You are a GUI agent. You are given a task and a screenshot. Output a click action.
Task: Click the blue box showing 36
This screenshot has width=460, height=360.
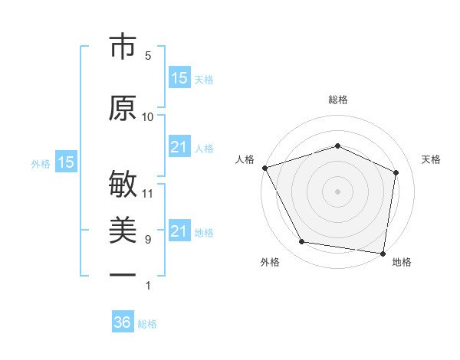123,322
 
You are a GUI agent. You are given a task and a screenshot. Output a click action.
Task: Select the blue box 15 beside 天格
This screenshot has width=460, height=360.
179,78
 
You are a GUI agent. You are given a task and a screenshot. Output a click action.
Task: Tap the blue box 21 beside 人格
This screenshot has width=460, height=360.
179,147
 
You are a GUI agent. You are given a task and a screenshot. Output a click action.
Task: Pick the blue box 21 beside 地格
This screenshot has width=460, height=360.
179,231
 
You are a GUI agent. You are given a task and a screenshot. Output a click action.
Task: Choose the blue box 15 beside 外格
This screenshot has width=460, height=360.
66,162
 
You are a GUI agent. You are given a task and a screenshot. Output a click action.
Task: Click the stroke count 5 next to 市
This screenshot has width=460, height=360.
148,56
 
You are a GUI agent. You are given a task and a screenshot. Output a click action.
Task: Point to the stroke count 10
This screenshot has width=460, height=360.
148,117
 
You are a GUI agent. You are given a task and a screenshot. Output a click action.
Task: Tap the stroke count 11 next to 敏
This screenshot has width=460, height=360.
148,193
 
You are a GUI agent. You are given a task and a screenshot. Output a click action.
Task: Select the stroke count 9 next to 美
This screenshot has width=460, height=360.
148,240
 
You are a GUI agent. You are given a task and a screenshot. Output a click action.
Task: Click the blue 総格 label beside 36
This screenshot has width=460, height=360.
147,324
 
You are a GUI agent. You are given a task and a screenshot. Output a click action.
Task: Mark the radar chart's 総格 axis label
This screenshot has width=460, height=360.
337,100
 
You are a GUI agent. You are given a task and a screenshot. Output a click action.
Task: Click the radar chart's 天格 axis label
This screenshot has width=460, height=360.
432,159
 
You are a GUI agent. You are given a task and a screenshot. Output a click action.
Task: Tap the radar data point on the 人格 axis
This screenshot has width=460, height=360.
264,167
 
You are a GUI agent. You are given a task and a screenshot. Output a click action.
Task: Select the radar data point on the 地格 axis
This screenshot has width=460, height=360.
383,253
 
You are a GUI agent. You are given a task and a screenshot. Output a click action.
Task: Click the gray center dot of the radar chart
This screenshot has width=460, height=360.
337,191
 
